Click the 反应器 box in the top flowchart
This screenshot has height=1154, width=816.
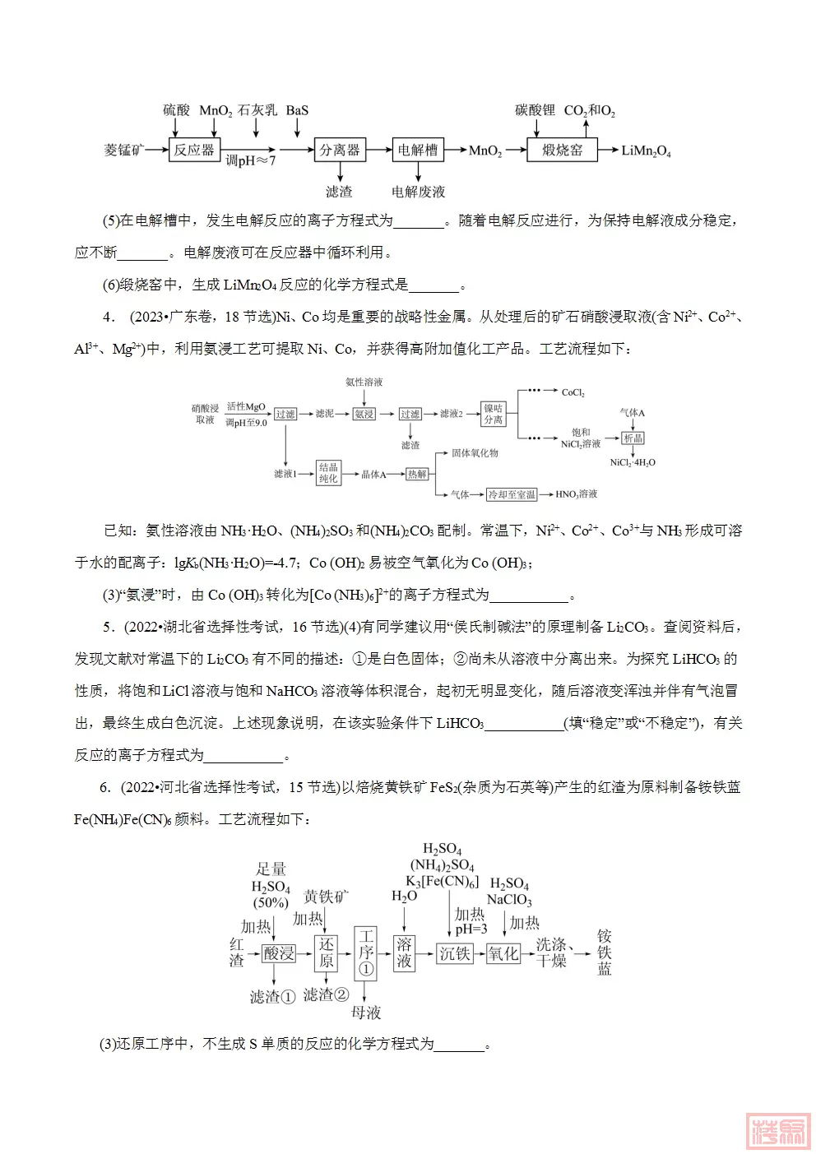click(193, 150)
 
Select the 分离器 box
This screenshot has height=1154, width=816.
click(339, 150)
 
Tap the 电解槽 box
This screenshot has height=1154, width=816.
click(418, 150)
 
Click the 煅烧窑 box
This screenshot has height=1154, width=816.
click(562, 150)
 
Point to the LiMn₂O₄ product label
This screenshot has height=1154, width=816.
click(646, 151)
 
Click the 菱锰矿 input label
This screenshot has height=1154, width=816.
click(123, 150)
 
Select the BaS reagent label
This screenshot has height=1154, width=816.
click(297, 110)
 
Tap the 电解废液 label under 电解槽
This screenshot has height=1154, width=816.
click(418, 192)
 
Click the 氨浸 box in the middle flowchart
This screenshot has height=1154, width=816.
click(364, 414)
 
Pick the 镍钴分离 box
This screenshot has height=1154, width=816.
click(493, 414)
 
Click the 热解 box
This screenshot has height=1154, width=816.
click(417, 474)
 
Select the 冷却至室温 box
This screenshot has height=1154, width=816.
click(511, 494)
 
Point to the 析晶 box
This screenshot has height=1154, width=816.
click(633, 438)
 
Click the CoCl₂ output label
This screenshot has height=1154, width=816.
click(573, 392)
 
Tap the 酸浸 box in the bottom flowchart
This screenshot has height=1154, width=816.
click(279, 953)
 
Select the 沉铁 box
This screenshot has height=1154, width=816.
click(454, 953)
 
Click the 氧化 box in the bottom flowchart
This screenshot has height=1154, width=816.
click(503, 953)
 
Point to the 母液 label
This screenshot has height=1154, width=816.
click(366, 1013)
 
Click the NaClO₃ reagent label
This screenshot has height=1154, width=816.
click(509, 900)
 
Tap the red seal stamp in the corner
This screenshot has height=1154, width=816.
click(777, 1131)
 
